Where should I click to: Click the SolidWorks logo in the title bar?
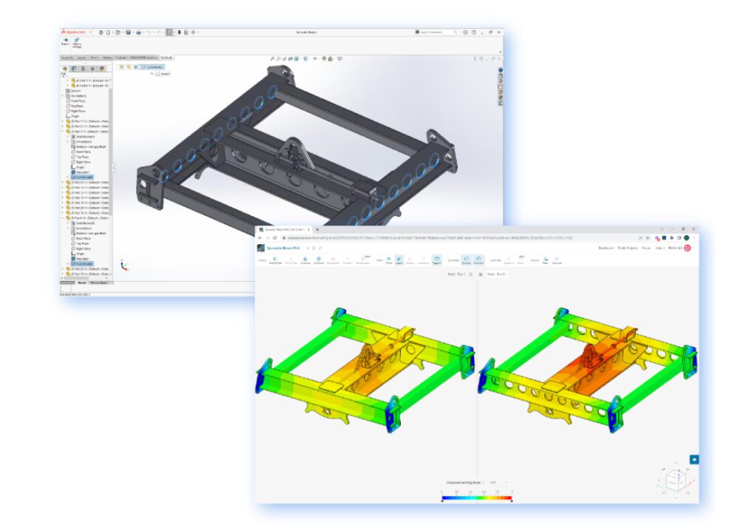coord(74,33)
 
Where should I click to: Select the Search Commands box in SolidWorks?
coord(439,33)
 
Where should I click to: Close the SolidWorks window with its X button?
coord(498,33)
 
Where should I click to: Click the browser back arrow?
coord(261,238)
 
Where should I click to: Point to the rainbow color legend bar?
coord(476,498)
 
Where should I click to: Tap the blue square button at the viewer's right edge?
coord(693,459)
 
